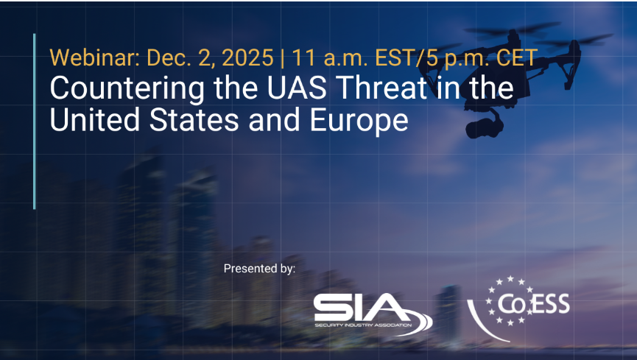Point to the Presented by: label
pos(259,269)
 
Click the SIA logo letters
pos(359,308)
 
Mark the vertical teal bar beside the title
pos(35,121)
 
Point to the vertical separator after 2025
pos(282,57)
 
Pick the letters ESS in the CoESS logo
pos(552,303)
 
